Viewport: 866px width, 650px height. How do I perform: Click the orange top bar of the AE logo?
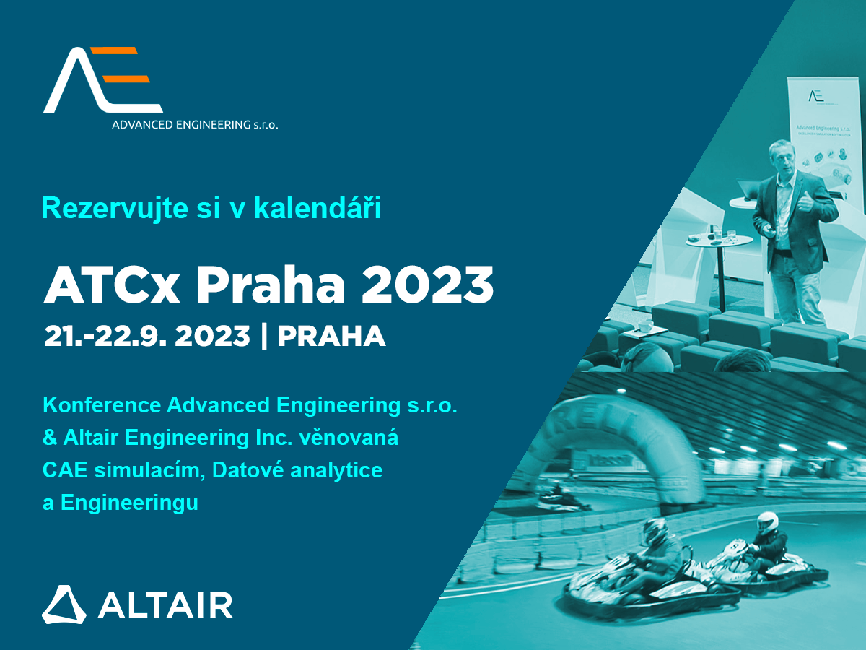pos(115,51)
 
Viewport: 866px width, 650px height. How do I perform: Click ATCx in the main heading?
pos(112,285)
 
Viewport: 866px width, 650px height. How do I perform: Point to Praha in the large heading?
pos(271,285)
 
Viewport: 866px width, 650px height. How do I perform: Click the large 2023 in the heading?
pos(428,285)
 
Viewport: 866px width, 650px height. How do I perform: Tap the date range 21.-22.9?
pos(105,337)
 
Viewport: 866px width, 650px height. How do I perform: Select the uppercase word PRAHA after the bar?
pos(331,337)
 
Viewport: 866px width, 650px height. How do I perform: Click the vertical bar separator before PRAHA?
pos(264,337)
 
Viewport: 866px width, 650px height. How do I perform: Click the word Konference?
pos(102,405)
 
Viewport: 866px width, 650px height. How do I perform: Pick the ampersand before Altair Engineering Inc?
pos(50,438)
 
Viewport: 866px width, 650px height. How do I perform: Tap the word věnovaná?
pos(349,438)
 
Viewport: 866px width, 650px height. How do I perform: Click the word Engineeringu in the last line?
pos(129,503)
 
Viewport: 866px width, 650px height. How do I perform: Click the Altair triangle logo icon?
pos(64,604)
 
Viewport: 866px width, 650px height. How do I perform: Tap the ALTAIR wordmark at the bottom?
pos(165,604)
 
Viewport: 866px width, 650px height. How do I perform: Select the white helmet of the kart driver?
pos(767,523)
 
